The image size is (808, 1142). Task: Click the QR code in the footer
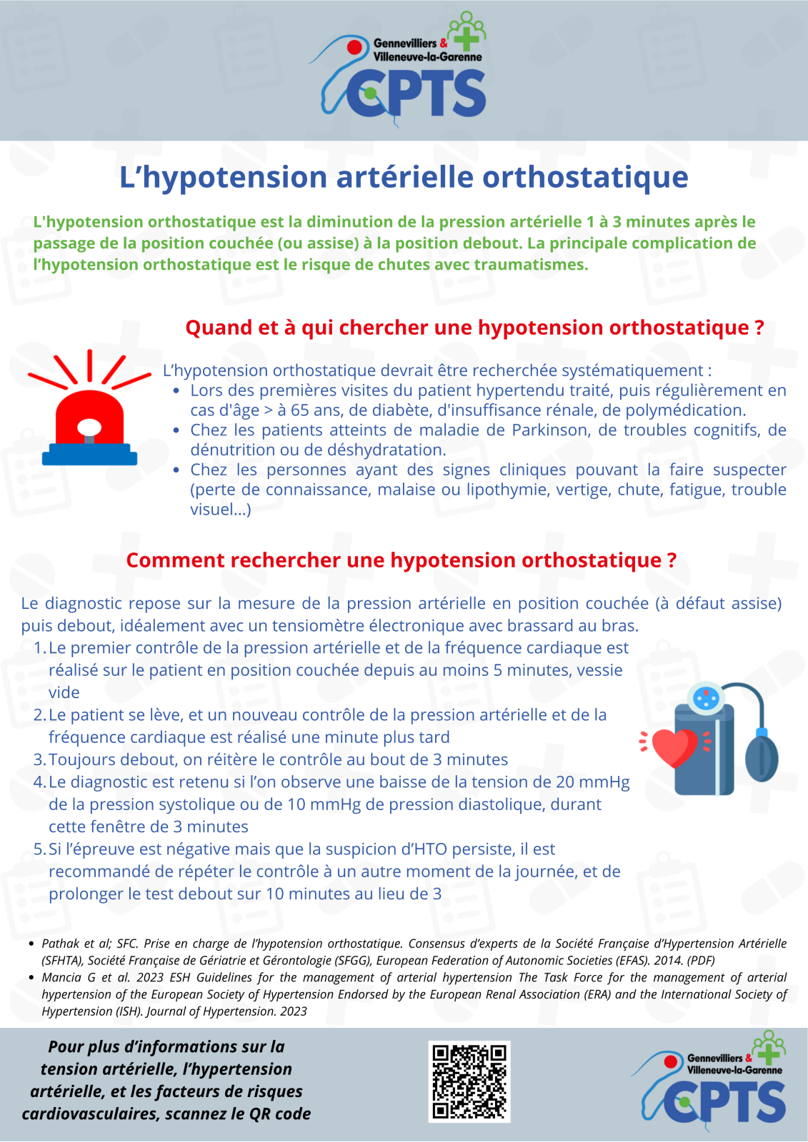(469, 1081)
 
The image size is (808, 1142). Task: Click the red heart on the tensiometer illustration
(674, 747)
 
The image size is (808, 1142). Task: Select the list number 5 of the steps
(39, 849)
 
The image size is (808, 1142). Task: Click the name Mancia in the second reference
(61, 978)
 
